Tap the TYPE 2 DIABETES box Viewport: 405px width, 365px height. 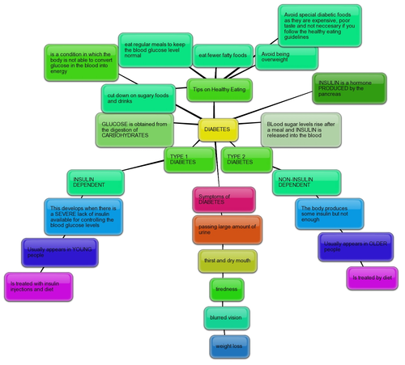pyautogui.click(x=245, y=159)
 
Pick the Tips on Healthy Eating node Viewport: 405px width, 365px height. pyautogui.click(x=220, y=88)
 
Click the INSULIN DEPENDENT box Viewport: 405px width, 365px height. pyautogui.click(x=96, y=183)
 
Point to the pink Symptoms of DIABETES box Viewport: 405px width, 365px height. pyautogui.click(x=224, y=199)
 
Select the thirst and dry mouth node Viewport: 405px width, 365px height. pyautogui.click(x=227, y=261)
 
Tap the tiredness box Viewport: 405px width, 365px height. pyautogui.click(x=228, y=289)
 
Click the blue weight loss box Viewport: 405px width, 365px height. pyautogui.click(x=229, y=346)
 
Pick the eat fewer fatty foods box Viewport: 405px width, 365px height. pyautogui.click(x=222, y=56)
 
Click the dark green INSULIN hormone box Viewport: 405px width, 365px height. pyautogui.click(x=348, y=88)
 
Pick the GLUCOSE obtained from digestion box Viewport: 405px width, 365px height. pyautogui.click(x=134, y=130)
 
